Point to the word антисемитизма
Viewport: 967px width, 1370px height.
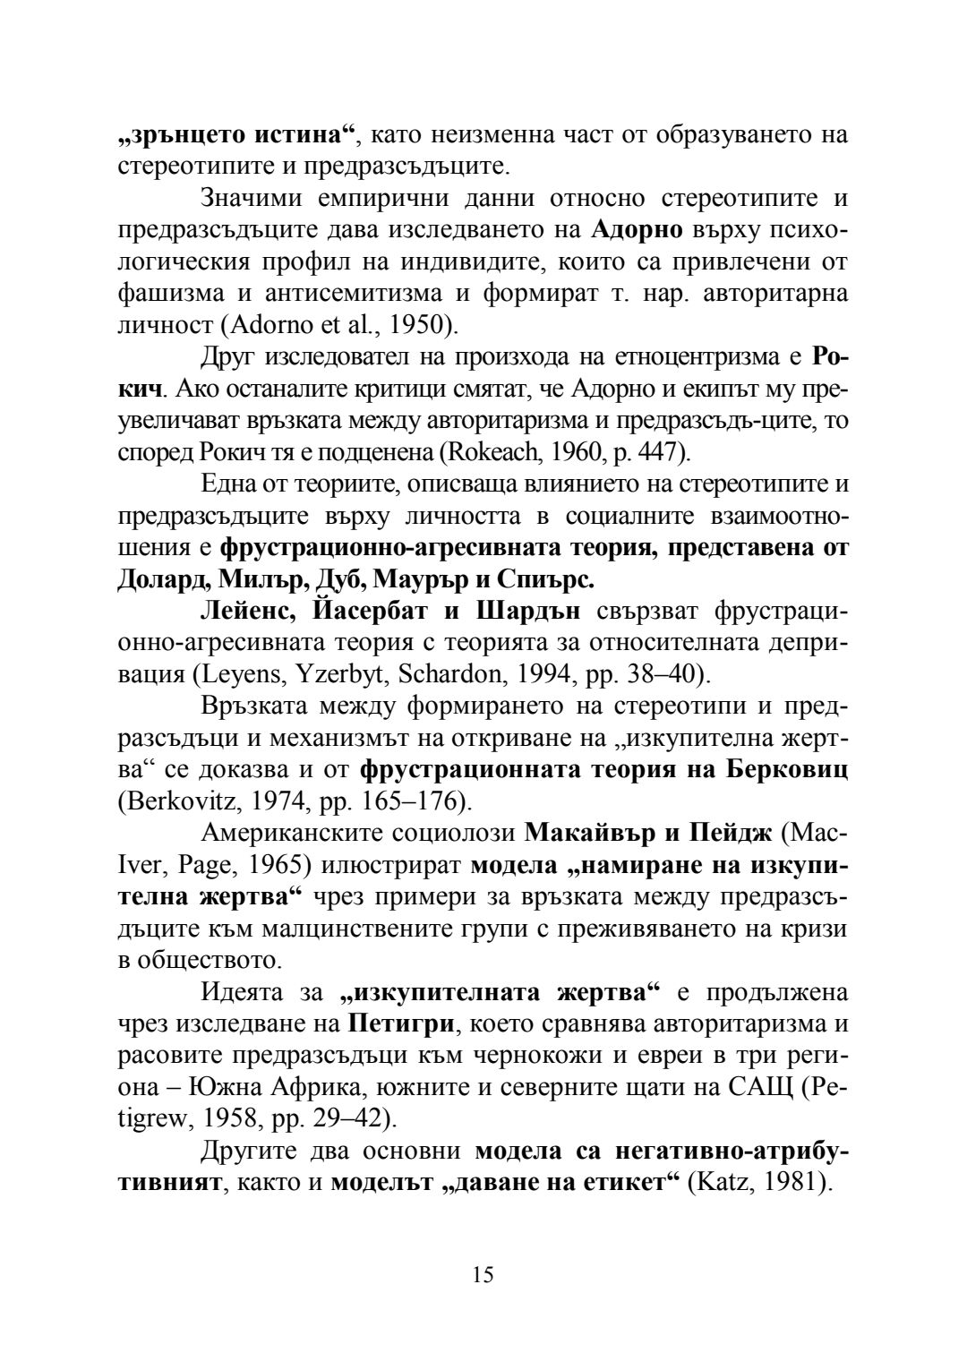(x=344, y=294)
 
